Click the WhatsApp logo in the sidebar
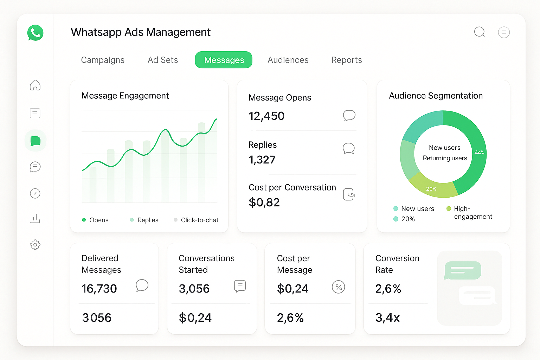35,33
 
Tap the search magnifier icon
480,32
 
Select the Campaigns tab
103,60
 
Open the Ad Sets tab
163,60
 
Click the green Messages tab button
224,60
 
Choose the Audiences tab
288,60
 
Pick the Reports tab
347,60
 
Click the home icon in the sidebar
35,85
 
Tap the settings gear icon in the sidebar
35,245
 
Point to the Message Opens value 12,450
266,116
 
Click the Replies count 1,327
262,160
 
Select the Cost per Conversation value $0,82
264,202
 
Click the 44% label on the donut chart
479,153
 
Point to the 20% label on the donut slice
431,189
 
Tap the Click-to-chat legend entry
199,220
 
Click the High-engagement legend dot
449,209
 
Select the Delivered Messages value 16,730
99,289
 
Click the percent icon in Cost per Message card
338,287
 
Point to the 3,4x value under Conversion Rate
387,318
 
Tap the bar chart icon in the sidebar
35,219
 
